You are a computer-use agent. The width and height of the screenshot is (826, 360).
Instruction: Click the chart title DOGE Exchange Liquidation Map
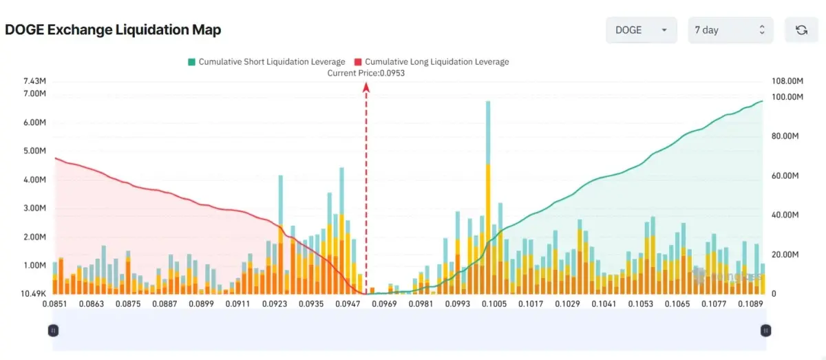[113, 30]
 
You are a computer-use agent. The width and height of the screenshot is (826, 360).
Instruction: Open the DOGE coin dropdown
[641, 30]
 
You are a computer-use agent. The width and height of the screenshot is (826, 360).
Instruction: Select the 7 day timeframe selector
[730, 30]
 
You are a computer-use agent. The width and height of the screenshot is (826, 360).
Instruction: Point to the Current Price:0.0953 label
[366, 73]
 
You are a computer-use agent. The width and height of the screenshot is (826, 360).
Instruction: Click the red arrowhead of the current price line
[366, 87]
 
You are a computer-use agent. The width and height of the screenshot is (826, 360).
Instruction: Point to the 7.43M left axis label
[34, 81]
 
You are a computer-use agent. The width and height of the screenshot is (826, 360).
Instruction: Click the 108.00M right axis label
[787, 81]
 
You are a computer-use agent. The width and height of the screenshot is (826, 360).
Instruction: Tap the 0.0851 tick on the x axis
[54, 304]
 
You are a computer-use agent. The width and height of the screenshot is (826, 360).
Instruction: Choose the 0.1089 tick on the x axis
[750, 304]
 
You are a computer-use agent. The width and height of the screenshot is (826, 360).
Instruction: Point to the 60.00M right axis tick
[785, 176]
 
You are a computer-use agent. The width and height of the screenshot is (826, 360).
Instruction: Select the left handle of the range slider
[54, 330]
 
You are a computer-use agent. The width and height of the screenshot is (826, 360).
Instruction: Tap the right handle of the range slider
[765, 330]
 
